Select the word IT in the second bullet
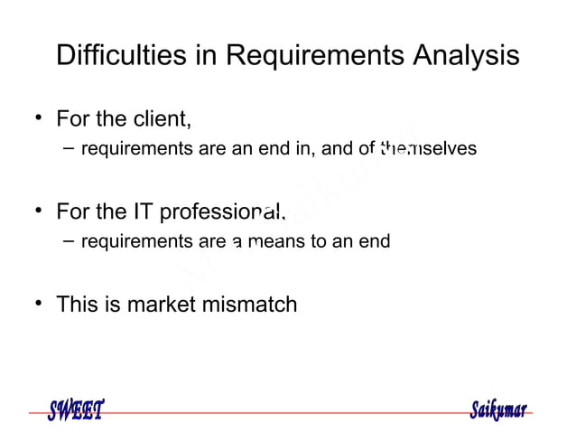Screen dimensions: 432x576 [x=143, y=212]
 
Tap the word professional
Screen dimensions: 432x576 [x=222, y=212]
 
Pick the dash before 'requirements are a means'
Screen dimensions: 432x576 [x=69, y=241]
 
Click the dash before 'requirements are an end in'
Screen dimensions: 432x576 [x=69, y=148]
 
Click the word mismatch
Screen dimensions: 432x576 [x=255, y=305]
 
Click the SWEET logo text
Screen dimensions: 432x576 [x=76, y=410]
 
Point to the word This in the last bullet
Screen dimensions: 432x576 [x=78, y=305]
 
